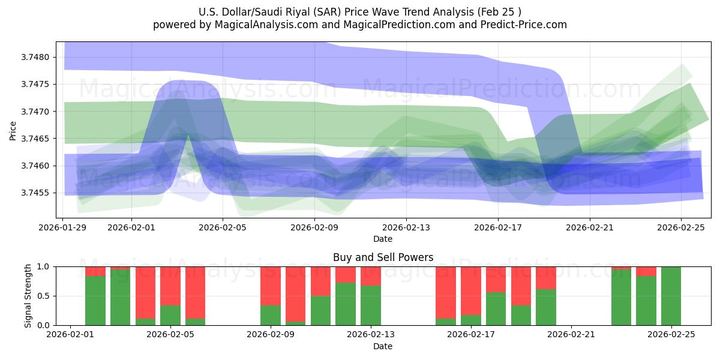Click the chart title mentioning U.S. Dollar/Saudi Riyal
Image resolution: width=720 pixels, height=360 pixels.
click(359, 12)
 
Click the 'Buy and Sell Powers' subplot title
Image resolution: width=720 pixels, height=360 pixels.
click(383, 257)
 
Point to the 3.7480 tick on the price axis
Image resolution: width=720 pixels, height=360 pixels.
click(38, 58)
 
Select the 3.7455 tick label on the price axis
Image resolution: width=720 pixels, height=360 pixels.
click(38, 193)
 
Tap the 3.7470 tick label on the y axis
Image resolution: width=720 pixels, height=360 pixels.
click(38, 112)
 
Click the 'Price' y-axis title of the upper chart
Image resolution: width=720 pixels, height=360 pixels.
click(13, 130)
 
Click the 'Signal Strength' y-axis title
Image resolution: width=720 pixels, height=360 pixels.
click(28, 296)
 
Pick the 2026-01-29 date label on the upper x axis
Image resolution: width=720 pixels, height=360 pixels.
click(64, 227)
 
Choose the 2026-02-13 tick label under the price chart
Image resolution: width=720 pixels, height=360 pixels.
click(406, 227)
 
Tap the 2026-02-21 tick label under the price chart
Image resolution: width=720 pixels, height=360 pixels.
click(589, 227)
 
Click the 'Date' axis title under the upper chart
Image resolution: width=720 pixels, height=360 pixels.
click(383, 239)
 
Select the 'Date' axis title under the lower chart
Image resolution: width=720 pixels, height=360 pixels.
click(383, 346)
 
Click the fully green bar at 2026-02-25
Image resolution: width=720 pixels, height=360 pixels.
click(671, 296)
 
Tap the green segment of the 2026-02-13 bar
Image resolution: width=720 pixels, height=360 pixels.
click(371, 305)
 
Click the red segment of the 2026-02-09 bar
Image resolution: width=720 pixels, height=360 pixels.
click(271, 286)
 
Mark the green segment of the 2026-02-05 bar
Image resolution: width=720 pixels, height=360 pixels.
click(170, 316)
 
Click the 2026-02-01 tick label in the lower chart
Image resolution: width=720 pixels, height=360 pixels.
click(71, 335)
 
